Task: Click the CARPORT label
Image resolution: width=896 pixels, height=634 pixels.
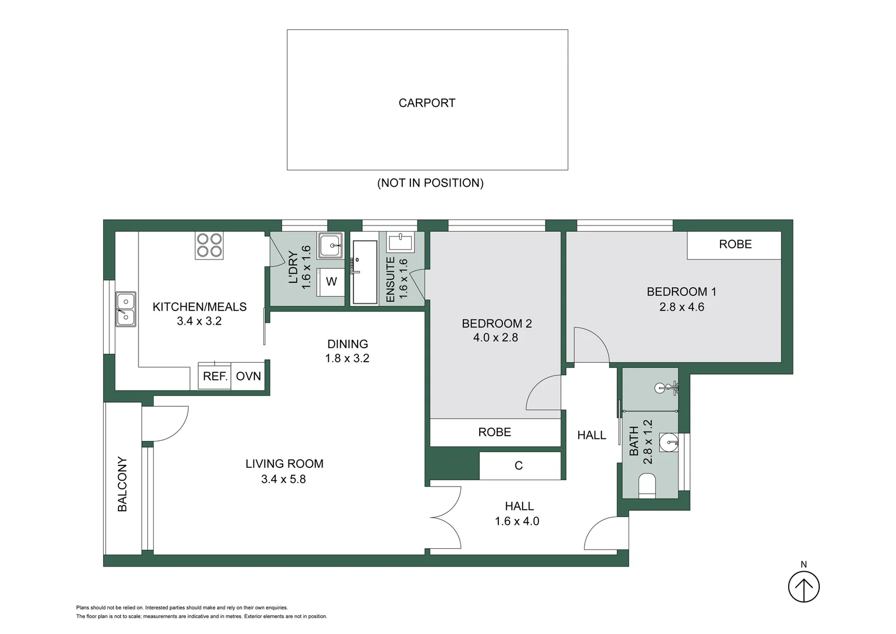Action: (x=427, y=103)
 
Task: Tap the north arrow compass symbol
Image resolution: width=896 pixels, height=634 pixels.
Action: (x=803, y=586)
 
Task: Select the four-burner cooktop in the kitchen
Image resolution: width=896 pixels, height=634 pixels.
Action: (x=209, y=245)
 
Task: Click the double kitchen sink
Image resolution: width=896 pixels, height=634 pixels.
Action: (x=125, y=309)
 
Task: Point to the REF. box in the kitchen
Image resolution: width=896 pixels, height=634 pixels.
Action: (x=215, y=376)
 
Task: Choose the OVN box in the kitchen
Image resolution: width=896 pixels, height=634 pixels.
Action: (x=249, y=376)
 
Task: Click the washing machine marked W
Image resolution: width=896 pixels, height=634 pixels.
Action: (x=331, y=282)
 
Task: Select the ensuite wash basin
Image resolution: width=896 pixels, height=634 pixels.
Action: (x=401, y=241)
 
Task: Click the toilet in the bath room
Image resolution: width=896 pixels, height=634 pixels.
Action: (x=646, y=486)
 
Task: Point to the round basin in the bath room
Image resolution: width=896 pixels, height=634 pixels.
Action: (x=668, y=443)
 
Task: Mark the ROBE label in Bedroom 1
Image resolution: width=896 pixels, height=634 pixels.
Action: (x=735, y=245)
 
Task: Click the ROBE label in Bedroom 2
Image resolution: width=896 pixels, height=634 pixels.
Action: (x=494, y=433)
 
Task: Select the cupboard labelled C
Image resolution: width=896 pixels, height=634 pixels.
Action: (x=519, y=466)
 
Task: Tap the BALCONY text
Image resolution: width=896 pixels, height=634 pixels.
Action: (x=123, y=484)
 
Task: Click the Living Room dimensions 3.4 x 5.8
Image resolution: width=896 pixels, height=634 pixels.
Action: (x=283, y=480)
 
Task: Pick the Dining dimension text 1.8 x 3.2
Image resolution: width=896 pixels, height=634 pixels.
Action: (x=347, y=359)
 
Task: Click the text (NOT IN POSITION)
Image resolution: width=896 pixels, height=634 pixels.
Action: (x=430, y=183)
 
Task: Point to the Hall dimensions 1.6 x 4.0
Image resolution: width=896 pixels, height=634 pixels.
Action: (x=517, y=521)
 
